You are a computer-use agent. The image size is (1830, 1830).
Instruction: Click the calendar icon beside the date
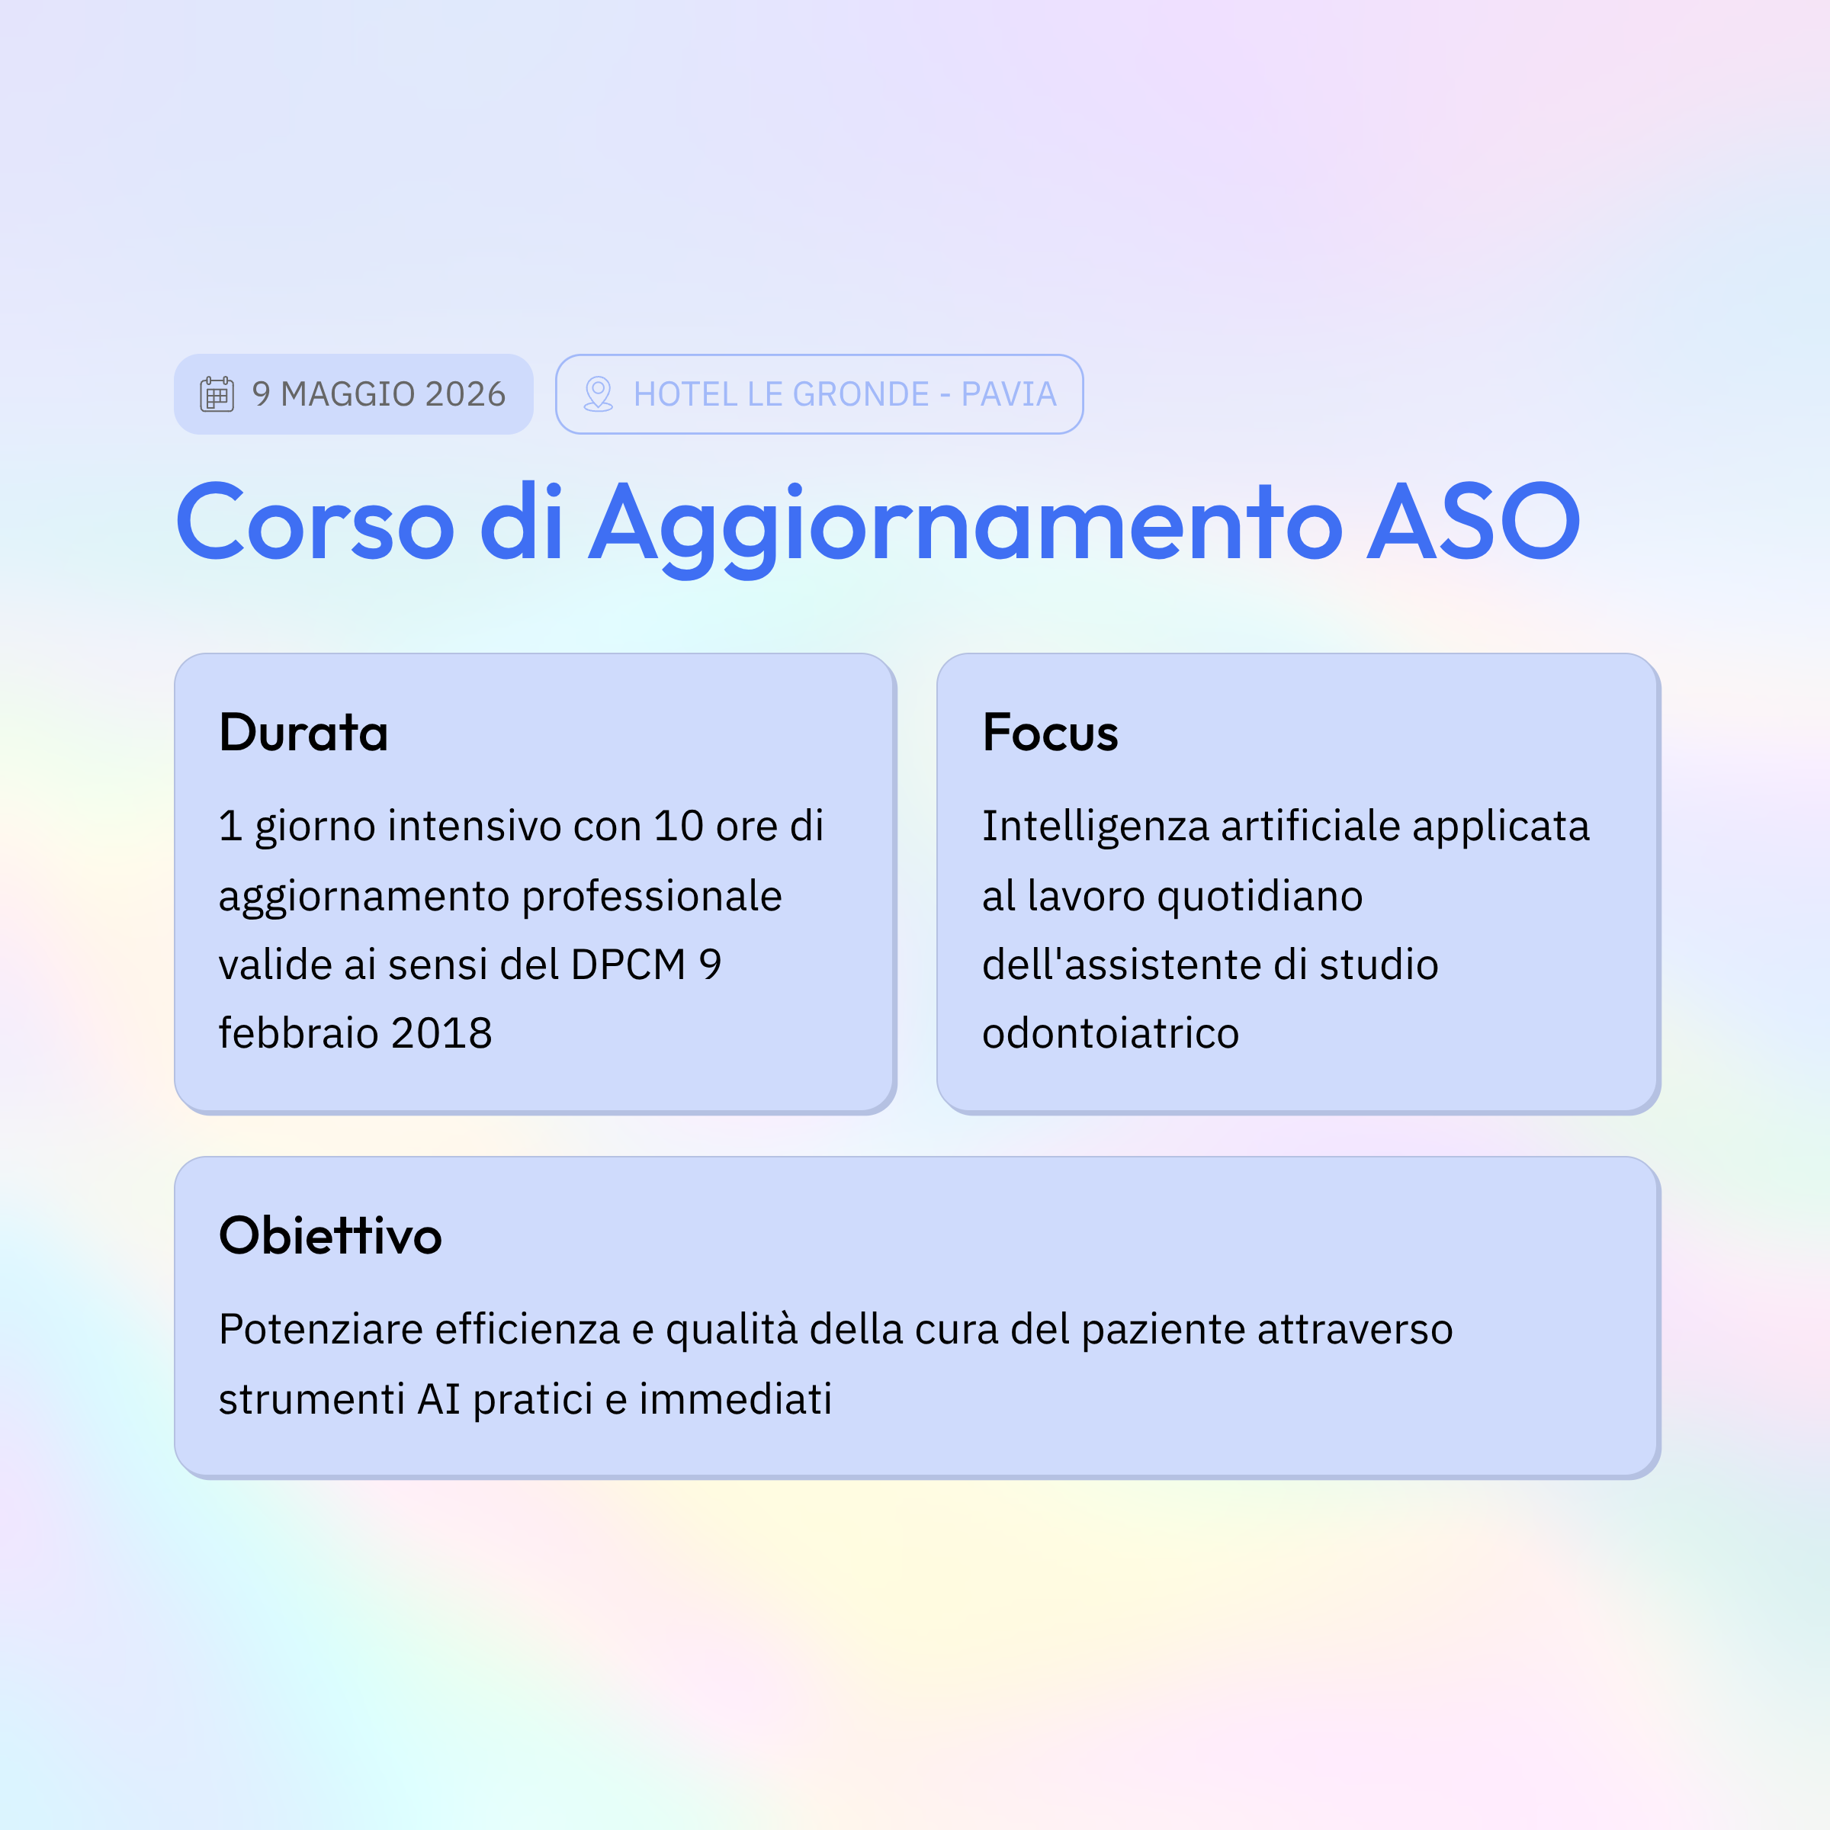pyautogui.click(x=217, y=394)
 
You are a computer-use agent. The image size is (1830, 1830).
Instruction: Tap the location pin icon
pyautogui.click(x=598, y=394)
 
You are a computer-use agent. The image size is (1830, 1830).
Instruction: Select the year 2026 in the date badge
pyautogui.click(x=465, y=394)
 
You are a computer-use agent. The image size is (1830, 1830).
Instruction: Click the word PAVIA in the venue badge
pyautogui.click(x=1009, y=394)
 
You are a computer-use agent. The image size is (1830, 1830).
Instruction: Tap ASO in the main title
pyautogui.click(x=1474, y=522)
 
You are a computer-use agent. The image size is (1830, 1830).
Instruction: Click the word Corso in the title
pyautogui.click(x=316, y=522)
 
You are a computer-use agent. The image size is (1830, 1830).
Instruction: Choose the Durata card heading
pyautogui.click(x=304, y=732)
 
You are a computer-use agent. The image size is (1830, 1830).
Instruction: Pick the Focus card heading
pyautogui.click(x=1051, y=732)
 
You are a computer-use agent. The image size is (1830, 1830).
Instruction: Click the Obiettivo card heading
pyautogui.click(x=331, y=1235)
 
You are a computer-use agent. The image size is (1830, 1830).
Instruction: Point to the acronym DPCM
pyautogui.click(x=628, y=965)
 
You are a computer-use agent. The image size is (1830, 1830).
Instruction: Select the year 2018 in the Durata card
pyautogui.click(x=441, y=1033)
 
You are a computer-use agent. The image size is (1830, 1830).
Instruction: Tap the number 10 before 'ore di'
pyautogui.click(x=678, y=826)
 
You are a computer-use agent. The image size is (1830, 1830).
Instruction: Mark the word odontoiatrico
pyautogui.click(x=1110, y=1033)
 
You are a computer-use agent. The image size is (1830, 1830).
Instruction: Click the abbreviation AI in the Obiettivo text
pyautogui.click(x=438, y=1399)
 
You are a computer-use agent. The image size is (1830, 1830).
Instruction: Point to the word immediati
pyautogui.click(x=735, y=1399)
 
